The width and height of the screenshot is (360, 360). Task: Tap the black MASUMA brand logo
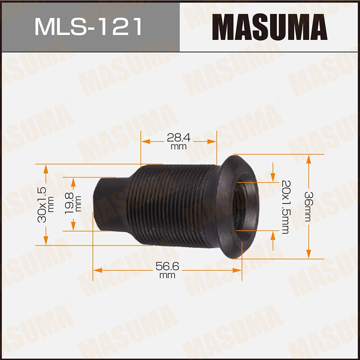tap(270, 27)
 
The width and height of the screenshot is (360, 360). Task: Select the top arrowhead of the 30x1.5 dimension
tap(46, 168)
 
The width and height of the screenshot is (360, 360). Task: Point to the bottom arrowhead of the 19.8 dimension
tap(73, 227)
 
